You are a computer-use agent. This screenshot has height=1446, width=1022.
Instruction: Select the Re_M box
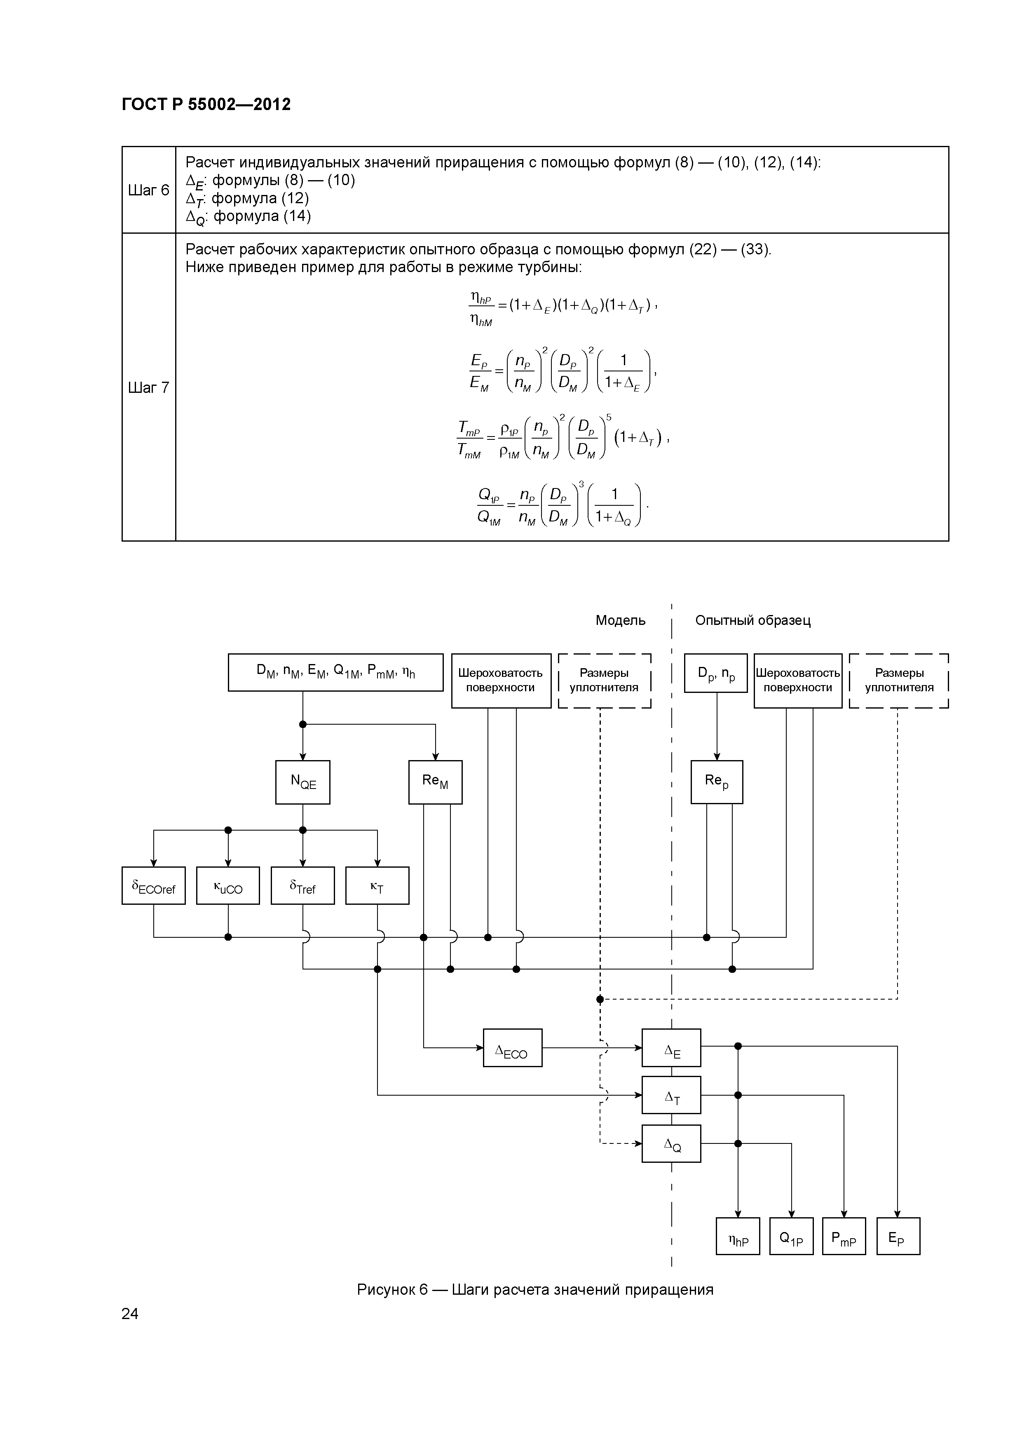[435, 782]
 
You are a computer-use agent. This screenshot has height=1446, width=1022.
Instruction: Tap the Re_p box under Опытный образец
[717, 782]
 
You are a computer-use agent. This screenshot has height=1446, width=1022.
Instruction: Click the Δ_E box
[671, 1048]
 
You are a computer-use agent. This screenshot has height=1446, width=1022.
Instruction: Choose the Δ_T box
[671, 1095]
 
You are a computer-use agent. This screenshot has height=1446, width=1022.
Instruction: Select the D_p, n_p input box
[716, 673]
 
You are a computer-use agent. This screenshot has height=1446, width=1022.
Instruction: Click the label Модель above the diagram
[620, 620]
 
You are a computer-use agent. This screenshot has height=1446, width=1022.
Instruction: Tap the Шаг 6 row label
[149, 190]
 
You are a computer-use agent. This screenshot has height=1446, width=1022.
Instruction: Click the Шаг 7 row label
[149, 387]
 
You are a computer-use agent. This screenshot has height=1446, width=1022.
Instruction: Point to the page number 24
[130, 1313]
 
